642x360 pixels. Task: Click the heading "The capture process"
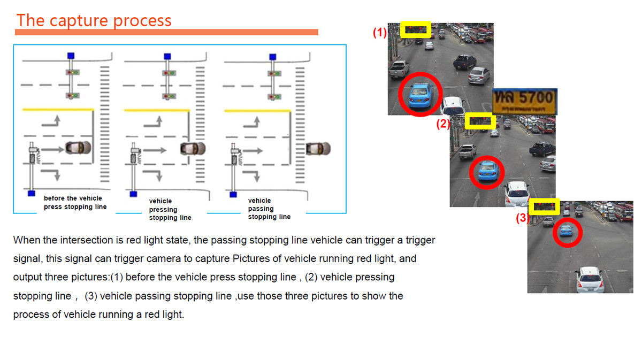(x=94, y=20)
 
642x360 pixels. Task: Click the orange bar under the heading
(x=166, y=33)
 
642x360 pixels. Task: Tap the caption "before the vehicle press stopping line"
(x=75, y=203)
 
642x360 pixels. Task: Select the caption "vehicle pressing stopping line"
(x=170, y=210)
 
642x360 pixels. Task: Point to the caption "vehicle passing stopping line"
(x=269, y=209)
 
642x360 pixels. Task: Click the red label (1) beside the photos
(x=379, y=32)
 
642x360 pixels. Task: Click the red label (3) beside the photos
(x=522, y=218)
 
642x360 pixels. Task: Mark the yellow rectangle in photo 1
(x=416, y=29)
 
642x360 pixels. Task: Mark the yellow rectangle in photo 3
(x=544, y=206)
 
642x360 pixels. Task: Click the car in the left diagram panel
(x=78, y=148)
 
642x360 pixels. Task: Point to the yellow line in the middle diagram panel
(x=157, y=111)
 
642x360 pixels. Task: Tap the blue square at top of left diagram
(x=71, y=56)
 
